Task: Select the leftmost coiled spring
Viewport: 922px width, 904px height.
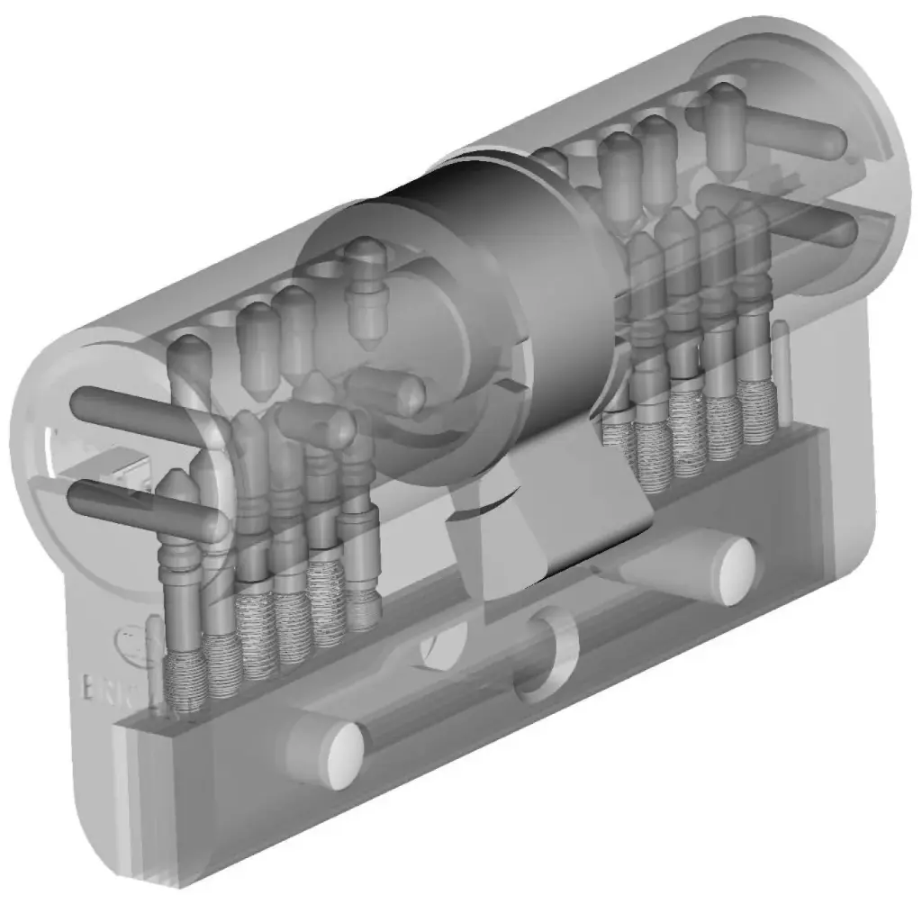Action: point(187,680)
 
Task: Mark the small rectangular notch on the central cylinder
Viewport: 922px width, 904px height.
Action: point(506,387)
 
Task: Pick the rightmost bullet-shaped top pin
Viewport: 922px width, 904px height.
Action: point(725,126)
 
